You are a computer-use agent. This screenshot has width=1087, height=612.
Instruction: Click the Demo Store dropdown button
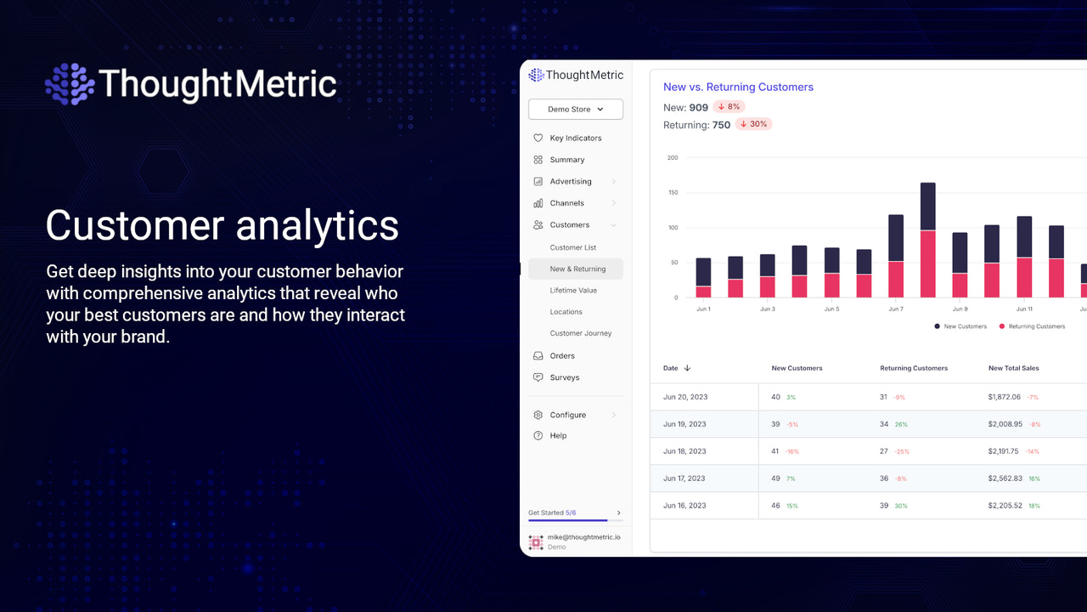pyautogui.click(x=576, y=109)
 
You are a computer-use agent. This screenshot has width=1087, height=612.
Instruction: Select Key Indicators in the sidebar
pyautogui.click(x=575, y=138)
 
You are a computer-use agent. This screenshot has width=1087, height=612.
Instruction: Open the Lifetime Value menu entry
pyautogui.click(x=573, y=291)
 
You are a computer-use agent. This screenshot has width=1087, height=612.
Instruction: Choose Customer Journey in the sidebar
pyautogui.click(x=580, y=333)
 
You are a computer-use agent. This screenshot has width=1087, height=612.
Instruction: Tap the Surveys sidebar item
pyautogui.click(x=564, y=377)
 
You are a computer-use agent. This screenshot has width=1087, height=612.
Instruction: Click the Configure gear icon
pyautogui.click(x=538, y=415)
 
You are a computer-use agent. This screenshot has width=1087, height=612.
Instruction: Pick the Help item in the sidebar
pyautogui.click(x=558, y=435)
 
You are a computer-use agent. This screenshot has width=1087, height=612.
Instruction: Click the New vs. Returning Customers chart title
pyautogui.click(x=738, y=87)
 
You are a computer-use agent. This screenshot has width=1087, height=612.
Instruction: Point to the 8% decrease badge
pyautogui.click(x=729, y=107)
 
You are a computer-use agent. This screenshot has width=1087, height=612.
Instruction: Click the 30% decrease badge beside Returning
pyautogui.click(x=753, y=124)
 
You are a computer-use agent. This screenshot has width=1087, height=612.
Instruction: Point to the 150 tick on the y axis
pyautogui.click(x=673, y=193)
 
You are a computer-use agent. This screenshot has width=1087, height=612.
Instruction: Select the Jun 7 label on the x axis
pyautogui.click(x=895, y=309)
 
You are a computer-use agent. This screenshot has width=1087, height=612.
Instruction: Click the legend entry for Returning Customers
pyautogui.click(x=1036, y=326)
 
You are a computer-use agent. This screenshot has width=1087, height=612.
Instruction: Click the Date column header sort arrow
pyautogui.click(x=687, y=368)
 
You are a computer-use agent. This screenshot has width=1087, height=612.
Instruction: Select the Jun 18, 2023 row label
pyautogui.click(x=684, y=451)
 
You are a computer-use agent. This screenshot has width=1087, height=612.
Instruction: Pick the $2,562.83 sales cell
pyautogui.click(x=1005, y=479)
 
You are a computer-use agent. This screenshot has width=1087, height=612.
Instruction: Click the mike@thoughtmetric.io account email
pyautogui.click(x=583, y=537)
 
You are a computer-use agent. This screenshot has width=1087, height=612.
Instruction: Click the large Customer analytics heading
pyautogui.click(x=222, y=225)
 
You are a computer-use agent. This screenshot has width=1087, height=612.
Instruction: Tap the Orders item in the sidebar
pyautogui.click(x=562, y=356)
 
